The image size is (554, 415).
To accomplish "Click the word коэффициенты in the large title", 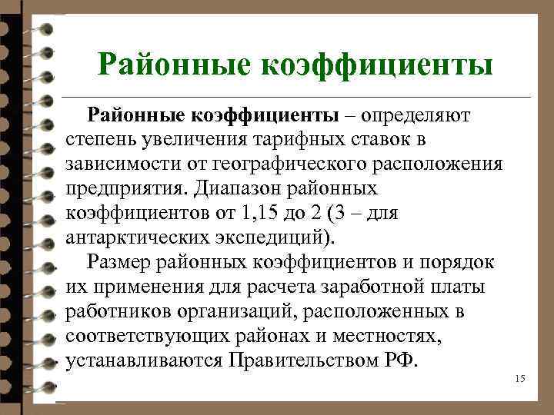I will click(x=378, y=65).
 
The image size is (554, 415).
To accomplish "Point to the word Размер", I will click(x=119, y=264).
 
